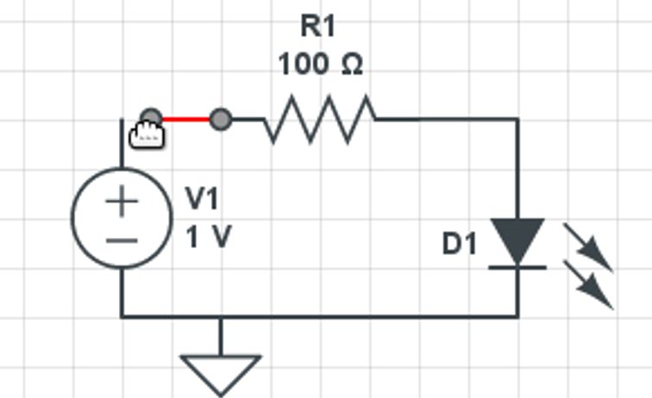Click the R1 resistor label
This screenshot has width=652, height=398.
pos(317,26)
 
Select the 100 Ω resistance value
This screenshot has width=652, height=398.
pos(320,65)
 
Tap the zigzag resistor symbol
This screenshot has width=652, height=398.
pos(319,119)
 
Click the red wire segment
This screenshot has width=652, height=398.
pos(185,119)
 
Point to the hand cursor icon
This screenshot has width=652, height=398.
pos(146,134)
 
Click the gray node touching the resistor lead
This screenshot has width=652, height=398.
pos(221,119)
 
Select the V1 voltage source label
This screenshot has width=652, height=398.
pos(203,199)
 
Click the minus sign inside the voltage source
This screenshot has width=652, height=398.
pos(122,239)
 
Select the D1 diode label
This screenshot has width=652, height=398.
pos(459,245)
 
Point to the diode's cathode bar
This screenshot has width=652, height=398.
pos(517,267)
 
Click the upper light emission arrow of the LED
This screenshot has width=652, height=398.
pos(588,247)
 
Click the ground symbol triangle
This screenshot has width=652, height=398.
pos(221,371)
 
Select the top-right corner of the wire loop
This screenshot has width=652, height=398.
pos(517,120)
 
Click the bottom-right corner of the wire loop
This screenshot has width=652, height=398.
pos(517,316)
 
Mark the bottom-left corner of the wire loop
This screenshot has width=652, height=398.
pos(122,316)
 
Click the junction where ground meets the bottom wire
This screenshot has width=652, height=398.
pos(221,316)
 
